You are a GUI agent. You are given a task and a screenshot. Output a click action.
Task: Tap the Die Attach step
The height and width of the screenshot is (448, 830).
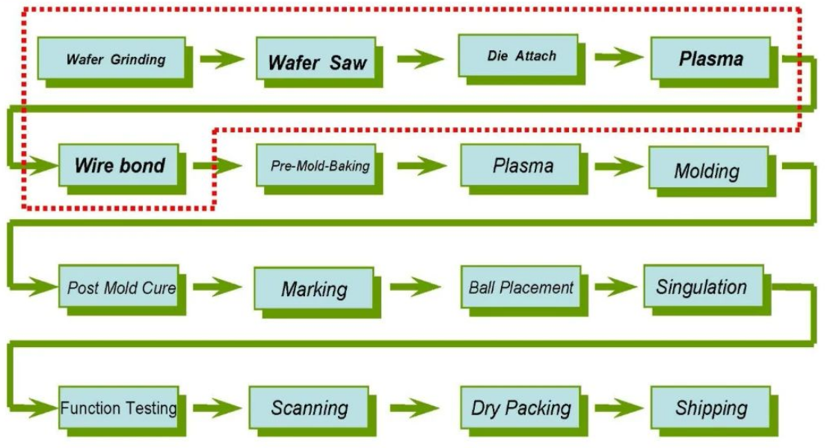[520, 55]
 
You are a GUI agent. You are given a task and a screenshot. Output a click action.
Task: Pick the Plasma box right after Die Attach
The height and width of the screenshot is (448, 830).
[710, 58]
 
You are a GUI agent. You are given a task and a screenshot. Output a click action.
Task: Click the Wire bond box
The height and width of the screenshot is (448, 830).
[120, 165]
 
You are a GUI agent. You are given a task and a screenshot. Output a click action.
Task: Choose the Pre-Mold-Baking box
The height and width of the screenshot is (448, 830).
[319, 165]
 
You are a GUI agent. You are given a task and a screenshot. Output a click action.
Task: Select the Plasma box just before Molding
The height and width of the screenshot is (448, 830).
[521, 165]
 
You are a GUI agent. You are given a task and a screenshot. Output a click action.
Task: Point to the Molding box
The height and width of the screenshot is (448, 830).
[707, 170]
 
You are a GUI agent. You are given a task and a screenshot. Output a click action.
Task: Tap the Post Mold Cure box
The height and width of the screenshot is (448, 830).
[120, 287]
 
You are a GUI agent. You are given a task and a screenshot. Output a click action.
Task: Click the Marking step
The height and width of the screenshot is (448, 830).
[314, 289]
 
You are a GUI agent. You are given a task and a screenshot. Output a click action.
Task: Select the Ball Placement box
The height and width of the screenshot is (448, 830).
[520, 286]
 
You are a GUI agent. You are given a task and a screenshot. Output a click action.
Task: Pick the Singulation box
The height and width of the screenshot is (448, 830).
[701, 286]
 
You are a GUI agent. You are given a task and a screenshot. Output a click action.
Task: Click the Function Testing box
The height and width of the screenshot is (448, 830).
[119, 408]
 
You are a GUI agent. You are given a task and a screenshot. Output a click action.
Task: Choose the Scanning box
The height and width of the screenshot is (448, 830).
[310, 408]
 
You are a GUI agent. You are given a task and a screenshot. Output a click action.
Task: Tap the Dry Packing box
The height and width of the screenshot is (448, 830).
[520, 408]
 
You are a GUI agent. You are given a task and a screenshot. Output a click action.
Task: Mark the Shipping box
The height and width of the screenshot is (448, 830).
[710, 408]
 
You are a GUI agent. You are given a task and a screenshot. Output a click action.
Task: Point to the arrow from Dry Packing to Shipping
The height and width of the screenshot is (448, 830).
[620, 408]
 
